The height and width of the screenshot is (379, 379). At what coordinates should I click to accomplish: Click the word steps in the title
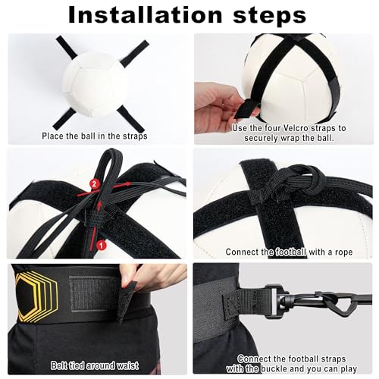click(x=269, y=16)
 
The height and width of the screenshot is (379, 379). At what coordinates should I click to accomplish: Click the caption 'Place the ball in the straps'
click(x=96, y=136)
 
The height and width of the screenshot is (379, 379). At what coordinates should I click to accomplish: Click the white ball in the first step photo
click(x=96, y=83)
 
